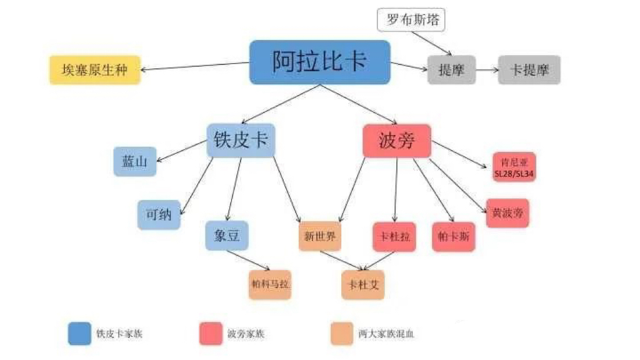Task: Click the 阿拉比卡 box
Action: coord(319,62)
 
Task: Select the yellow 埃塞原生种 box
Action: coord(95,70)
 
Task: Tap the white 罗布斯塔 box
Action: coord(411,19)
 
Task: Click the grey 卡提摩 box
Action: coord(529,70)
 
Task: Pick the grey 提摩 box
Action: coord(451,70)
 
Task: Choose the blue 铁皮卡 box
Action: coord(241,141)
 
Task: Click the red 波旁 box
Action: coord(397,141)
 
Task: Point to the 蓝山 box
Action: coord(135,162)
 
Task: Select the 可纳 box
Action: coord(159,215)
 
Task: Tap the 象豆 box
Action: coord(226,236)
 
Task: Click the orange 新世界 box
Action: coord(319,236)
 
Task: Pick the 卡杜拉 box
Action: coord(394,237)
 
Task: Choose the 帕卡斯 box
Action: coord(454,237)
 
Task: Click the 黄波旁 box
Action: coord(507,213)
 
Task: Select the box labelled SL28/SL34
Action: coord(514,167)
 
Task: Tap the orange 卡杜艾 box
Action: coord(363,285)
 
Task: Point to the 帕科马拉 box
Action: coord(270,285)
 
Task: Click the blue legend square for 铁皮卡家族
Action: coord(79,334)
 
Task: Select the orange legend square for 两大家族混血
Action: coord(342,334)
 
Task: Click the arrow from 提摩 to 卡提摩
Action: coord(487,70)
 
